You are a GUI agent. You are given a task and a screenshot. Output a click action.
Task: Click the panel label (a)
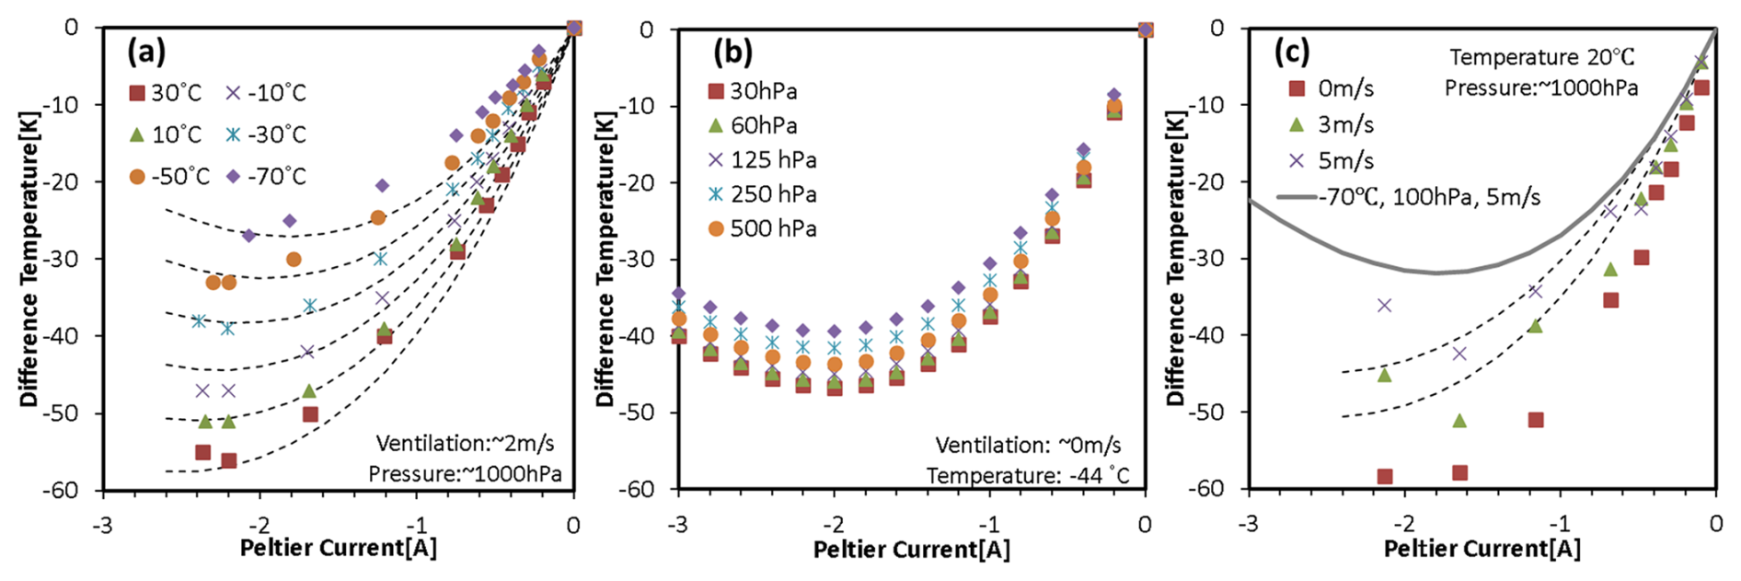[146, 52]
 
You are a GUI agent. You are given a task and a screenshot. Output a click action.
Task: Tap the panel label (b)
[732, 52]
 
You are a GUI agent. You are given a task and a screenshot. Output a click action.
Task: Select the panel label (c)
[1291, 52]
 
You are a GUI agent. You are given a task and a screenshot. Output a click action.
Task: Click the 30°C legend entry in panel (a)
[166, 93]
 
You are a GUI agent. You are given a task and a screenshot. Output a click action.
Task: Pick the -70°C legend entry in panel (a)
[267, 176]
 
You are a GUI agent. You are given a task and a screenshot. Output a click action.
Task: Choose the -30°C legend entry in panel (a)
[267, 134]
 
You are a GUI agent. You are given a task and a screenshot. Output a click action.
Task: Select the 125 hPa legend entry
[763, 160]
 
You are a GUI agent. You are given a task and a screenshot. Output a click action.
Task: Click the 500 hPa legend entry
[763, 228]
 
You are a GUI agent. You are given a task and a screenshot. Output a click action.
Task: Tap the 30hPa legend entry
[754, 91]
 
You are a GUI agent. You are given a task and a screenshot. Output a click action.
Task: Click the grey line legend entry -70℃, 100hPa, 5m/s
[1408, 197]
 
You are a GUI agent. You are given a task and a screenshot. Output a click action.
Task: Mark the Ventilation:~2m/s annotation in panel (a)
[465, 444]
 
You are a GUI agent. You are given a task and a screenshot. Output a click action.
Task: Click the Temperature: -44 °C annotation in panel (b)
[1027, 476]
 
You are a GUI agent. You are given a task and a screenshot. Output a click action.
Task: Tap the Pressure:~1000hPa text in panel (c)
[1540, 88]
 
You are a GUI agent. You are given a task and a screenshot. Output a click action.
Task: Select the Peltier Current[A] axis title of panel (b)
[911, 550]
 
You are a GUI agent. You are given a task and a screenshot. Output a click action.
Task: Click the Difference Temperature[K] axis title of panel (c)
[1175, 258]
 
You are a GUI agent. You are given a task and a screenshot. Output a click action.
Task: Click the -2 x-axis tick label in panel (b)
[833, 525]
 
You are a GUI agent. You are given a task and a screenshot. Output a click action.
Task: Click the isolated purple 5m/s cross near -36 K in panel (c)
[1384, 305]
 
